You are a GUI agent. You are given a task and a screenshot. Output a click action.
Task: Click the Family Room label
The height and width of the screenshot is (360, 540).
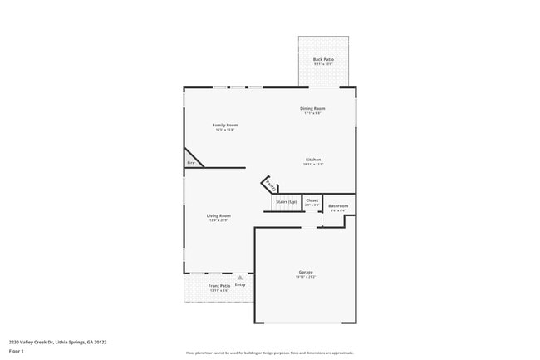tap(225, 125)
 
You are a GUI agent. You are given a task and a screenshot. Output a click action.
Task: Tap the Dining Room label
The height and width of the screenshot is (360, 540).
tap(312, 108)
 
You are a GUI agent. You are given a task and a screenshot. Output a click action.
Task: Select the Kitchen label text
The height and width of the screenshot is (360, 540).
tap(313, 160)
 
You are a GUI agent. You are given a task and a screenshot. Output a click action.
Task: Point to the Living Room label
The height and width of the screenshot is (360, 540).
tap(218, 215)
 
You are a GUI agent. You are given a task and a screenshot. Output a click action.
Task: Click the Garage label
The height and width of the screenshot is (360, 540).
tap(306, 272)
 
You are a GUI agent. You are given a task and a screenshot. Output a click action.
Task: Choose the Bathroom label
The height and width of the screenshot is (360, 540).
tap(338, 205)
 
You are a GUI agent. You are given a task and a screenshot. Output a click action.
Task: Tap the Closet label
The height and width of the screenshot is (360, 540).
tap(312, 200)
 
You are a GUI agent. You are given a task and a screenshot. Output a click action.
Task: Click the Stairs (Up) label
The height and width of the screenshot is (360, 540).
tap(286, 201)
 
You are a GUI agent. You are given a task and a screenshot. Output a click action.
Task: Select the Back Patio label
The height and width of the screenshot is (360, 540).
tap(323, 59)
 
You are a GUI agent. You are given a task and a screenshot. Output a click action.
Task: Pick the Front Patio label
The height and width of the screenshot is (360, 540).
tap(219, 285)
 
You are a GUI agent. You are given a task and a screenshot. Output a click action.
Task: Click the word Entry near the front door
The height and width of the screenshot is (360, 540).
tap(240, 285)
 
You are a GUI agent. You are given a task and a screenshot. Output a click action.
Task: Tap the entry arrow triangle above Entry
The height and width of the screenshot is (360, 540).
tap(240, 278)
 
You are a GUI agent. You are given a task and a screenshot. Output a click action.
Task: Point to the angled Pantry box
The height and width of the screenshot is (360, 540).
tap(271, 185)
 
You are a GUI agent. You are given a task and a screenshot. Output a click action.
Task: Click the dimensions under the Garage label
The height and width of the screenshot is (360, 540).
tap(306, 277)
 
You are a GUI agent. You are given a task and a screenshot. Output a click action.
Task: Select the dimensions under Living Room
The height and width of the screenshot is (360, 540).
tap(218, 220)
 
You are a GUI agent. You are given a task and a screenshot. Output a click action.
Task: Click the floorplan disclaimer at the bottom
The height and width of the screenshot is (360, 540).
tap(269, 353)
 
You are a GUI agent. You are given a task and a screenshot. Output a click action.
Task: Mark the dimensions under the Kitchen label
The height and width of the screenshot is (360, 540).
tap(313, 165)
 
